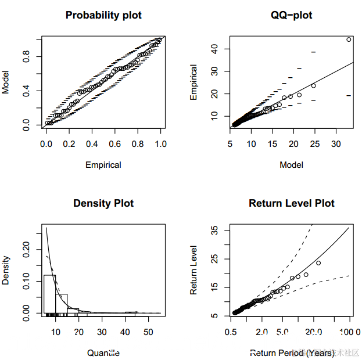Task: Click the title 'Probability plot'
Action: (103, 15)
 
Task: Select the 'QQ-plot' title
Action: (292, 15)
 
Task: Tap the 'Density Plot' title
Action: (103, 203)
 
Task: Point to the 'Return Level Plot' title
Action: (292, 203)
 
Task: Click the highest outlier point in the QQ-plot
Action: (349, 39)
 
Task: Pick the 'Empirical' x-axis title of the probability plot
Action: (103, 165)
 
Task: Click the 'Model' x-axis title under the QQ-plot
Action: (292, 165)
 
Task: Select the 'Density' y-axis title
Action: (6, 270)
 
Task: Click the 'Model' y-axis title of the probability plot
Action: (6, 82)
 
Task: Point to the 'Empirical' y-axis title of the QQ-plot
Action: (195, 82)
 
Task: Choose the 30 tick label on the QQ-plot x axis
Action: (336, 142)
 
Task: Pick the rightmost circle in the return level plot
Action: (318, 262)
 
